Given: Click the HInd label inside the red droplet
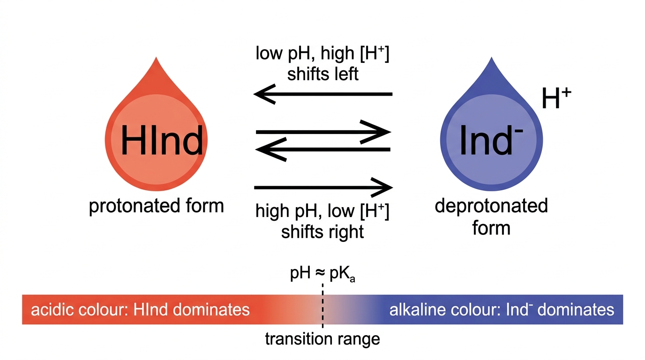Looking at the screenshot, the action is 162,141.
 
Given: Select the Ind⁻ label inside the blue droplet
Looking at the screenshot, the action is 491,141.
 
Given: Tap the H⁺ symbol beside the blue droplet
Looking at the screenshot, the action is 556,98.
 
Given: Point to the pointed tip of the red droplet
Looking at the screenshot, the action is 157,57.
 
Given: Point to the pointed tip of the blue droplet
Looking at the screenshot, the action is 492,57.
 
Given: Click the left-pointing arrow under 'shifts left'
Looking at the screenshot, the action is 323,94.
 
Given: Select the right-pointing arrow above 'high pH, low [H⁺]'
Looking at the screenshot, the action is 323,187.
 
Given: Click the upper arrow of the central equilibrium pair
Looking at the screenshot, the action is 323,132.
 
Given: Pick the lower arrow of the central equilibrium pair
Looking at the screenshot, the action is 323,150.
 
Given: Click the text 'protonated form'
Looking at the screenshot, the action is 157,206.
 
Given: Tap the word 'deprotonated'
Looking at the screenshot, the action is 491,206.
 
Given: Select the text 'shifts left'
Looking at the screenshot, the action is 323,74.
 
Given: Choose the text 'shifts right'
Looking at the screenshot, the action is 322,232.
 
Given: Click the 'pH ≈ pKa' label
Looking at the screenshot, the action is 322,274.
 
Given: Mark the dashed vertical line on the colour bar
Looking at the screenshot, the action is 322,306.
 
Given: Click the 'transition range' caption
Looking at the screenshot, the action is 322,339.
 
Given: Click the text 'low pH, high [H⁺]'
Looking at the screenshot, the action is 322,53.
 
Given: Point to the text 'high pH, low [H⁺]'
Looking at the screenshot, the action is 322,211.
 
